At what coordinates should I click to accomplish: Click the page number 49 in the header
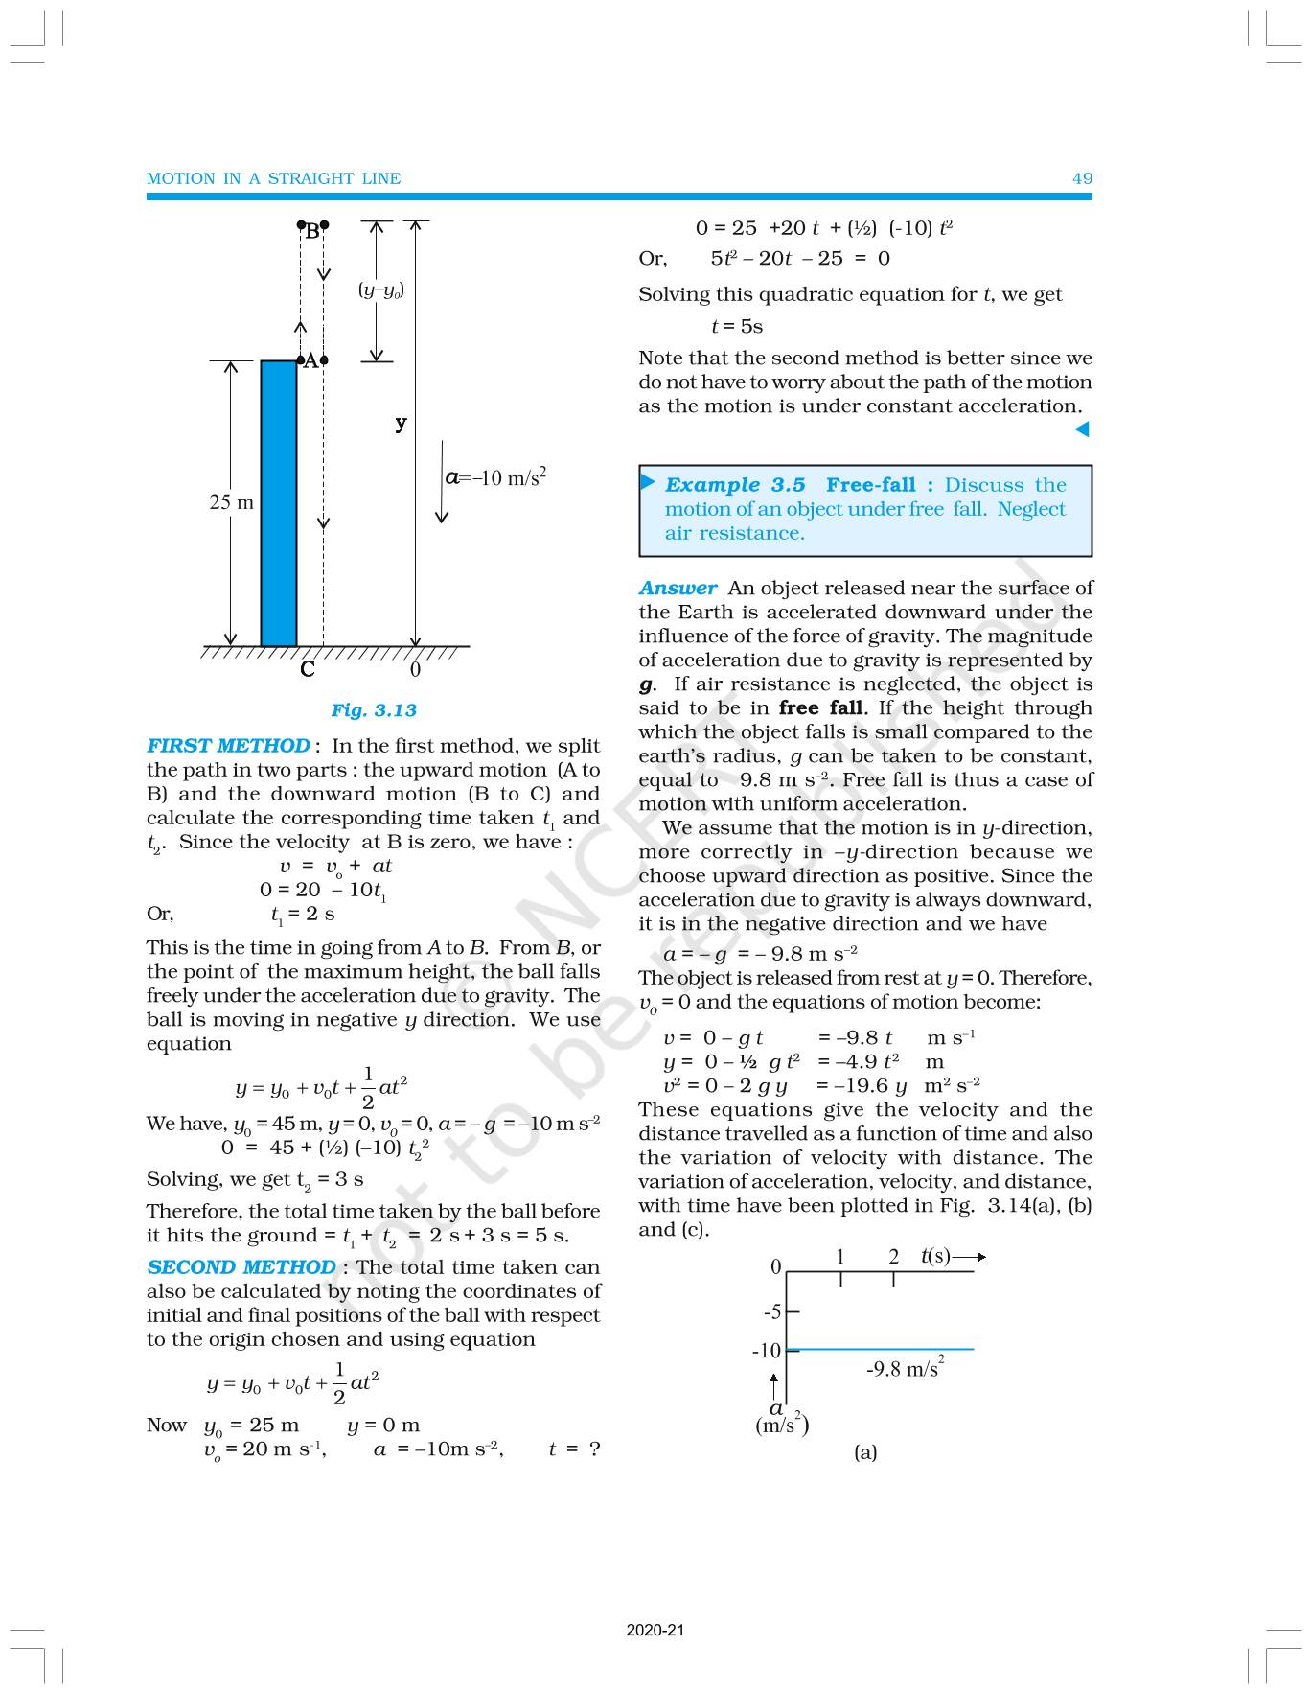tap(1082, 178)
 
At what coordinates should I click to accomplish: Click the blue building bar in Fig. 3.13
tap(279, 503)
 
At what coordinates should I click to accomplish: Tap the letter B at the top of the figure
tap(311, 231)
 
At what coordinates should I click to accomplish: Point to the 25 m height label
tap(232, 502)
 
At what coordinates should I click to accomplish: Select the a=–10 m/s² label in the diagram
tap(496, 477)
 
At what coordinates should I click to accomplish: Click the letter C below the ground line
tap(308, 669)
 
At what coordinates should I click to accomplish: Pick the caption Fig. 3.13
tap(374, 710)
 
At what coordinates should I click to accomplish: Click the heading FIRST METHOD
tap(228, 746)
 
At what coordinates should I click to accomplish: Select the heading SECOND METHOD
tap(241, 1267)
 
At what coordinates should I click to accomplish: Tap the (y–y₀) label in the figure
tap(380, 290)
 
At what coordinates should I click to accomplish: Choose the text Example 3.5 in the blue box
tap(735, 485)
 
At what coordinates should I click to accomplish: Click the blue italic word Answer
tap(678, 589)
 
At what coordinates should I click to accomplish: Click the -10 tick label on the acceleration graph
tap(766, 1352)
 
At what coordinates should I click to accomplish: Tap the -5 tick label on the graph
tap(771, 1311)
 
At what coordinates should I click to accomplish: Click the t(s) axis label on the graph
tap(935, 1256)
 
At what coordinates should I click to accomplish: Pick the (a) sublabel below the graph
tap(865, 1452)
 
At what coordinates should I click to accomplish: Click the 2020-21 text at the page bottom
tap(655, 1630)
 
